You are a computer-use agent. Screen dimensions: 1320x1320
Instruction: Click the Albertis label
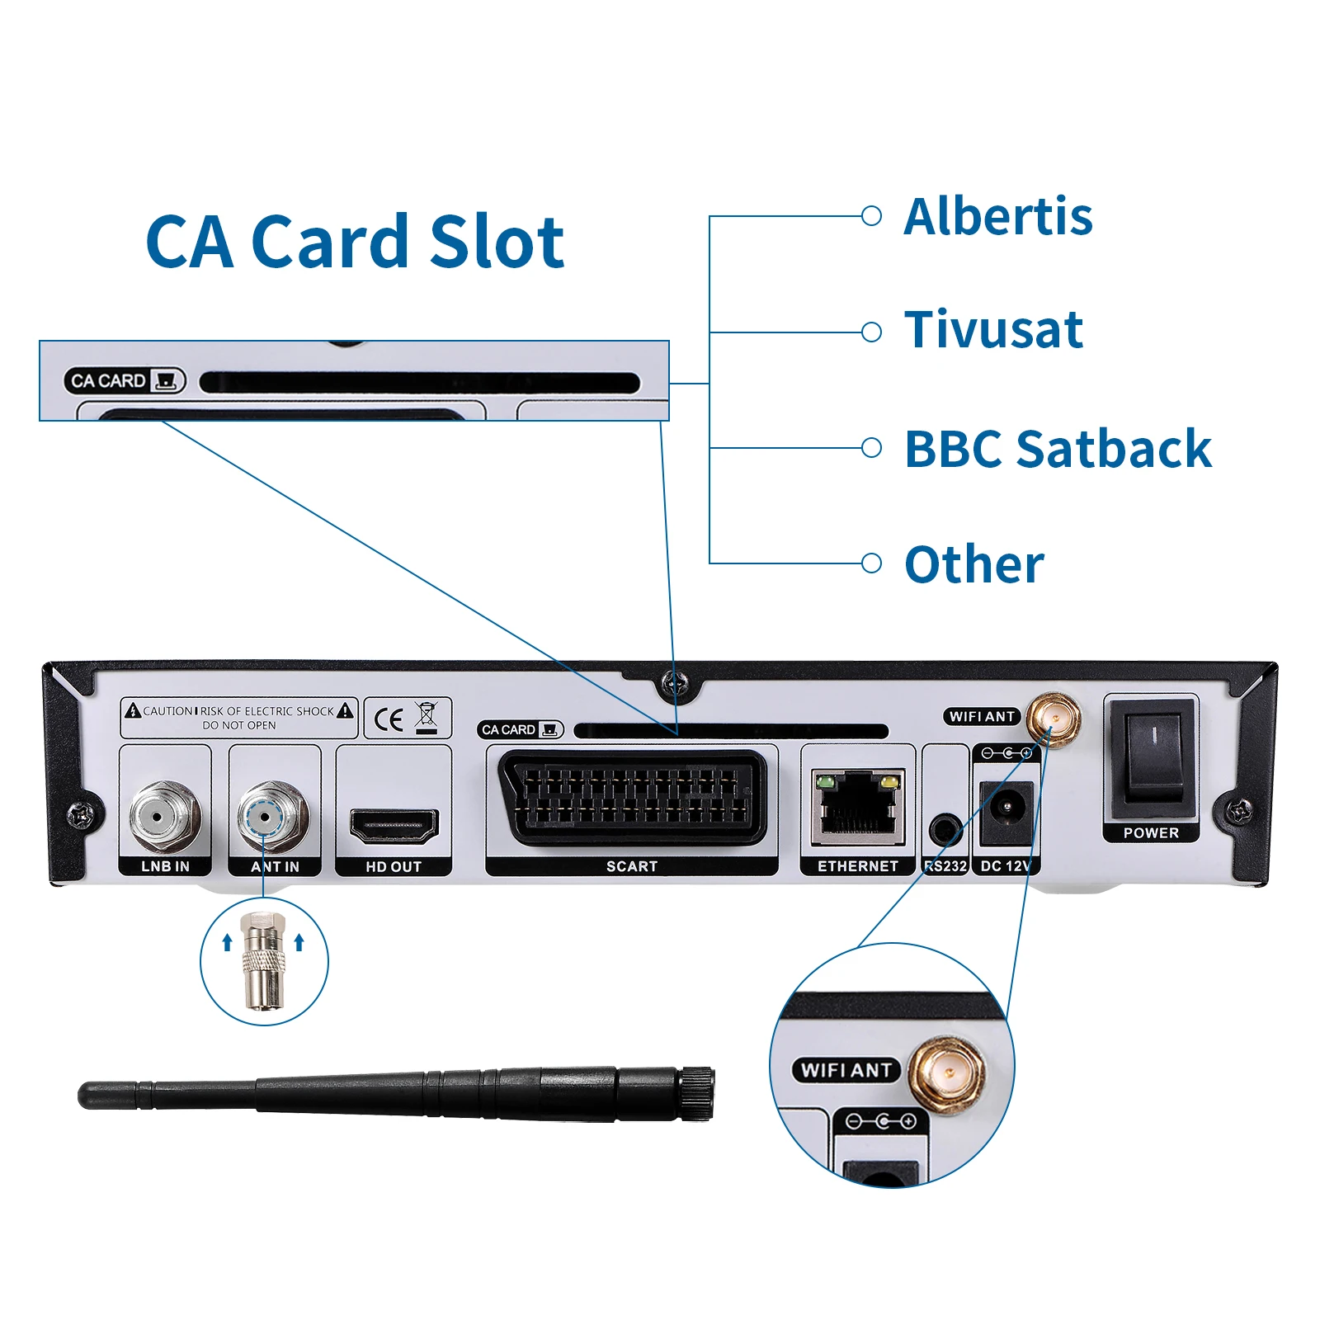pos(997,217)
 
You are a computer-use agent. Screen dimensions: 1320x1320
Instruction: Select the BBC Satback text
pos(1057,450)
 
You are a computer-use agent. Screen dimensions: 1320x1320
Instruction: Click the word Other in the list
pos(973,565)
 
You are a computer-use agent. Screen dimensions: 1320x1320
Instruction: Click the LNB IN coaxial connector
pos(165,817)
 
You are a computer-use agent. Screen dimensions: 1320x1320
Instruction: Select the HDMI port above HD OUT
pos(394,825)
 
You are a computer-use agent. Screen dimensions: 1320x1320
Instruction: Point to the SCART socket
pos(631,798)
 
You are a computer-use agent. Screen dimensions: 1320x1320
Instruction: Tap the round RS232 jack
pos(945,828)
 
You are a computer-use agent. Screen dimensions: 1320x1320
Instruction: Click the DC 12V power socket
pos(1006,811)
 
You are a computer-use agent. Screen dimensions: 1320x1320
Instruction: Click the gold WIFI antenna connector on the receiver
pos(1054,719)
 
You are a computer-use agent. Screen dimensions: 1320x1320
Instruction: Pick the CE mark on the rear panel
pos(389,719)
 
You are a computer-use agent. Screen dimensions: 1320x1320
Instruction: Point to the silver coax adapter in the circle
pos(263,960)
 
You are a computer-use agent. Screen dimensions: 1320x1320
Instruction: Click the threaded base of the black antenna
pos(695,1093)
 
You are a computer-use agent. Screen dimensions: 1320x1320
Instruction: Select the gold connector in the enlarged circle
pos(948,1073)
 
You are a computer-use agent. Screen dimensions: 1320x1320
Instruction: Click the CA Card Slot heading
pos(355,242)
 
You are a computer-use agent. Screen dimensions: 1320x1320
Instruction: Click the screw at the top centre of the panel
pos(675,681)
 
